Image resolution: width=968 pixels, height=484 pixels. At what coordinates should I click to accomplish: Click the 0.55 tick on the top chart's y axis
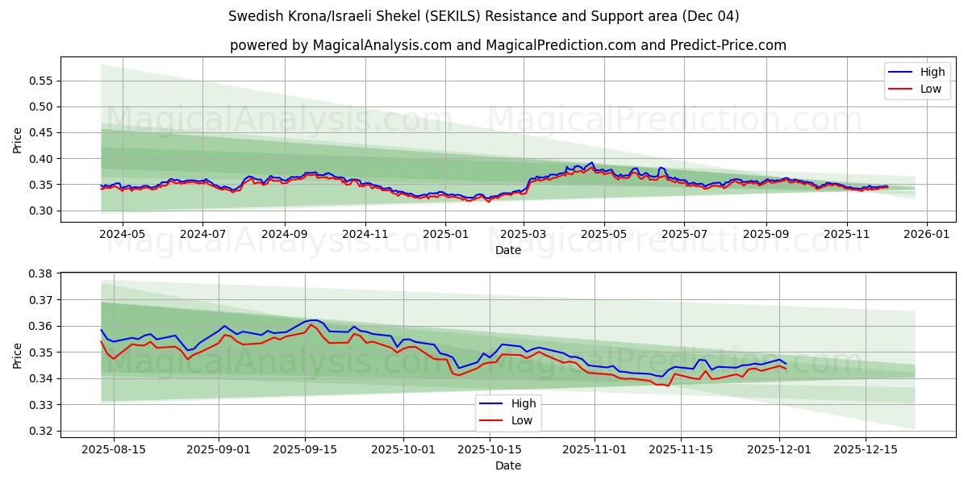[40, 81]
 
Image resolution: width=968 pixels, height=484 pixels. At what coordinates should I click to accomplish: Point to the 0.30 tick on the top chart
[40, 211]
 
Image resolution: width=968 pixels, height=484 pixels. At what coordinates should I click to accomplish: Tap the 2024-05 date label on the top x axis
[122, 234]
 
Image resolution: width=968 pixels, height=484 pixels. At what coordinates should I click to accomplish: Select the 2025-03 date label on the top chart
[524, 234]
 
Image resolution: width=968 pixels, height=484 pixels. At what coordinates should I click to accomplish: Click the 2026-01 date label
[926, 234]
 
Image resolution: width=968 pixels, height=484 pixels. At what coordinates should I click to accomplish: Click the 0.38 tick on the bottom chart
[40, 273]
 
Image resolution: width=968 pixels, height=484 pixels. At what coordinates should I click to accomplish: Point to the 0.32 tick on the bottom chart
[40, 431]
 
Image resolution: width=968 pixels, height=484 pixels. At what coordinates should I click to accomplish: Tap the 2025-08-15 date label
[113, 449]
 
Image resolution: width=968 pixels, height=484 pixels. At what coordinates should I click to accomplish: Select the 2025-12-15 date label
[865, 449]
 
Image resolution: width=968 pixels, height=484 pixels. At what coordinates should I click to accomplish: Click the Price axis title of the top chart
[18, 140]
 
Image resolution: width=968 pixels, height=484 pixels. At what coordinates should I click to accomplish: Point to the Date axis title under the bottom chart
[508, 465]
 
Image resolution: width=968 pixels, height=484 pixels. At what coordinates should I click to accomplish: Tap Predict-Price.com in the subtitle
[728, 45]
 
